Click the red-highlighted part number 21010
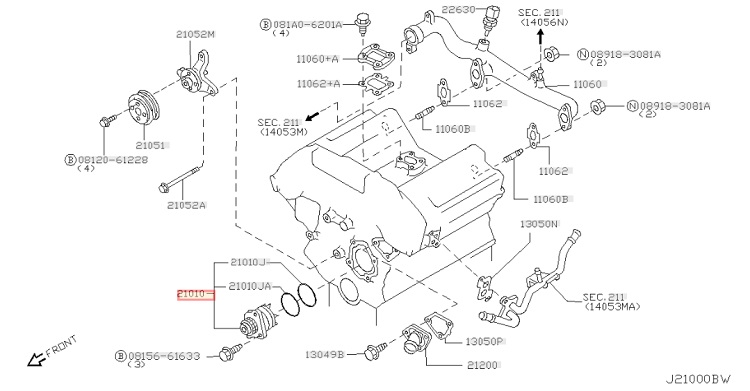191,294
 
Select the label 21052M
195,34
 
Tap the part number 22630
458,9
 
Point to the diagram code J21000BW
698,379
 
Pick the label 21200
482,365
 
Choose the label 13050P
484,341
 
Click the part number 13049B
325,355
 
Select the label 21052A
186,205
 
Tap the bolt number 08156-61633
164,356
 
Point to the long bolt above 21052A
180,179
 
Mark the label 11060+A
317,59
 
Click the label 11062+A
318,84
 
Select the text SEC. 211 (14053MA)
611,302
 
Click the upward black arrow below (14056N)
540,36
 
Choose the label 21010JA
250,286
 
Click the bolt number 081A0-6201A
308,24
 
